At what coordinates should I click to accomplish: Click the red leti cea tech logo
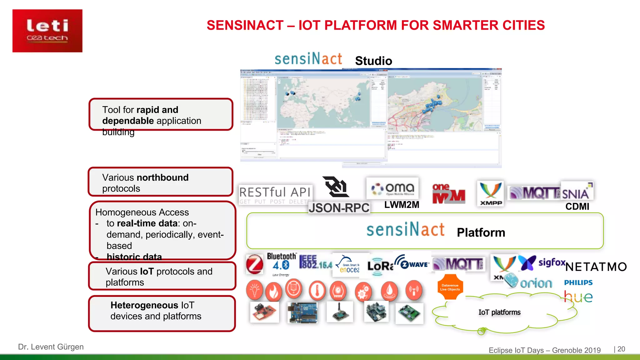47,31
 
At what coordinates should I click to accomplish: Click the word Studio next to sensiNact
373,61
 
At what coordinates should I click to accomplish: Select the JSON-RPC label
339,208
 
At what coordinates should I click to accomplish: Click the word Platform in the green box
481,232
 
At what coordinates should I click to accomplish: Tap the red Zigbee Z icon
255,264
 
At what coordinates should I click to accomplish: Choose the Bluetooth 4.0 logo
281,262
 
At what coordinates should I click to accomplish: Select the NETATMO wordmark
596,267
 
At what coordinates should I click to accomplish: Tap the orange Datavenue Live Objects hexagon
450,287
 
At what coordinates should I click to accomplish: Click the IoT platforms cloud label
499,312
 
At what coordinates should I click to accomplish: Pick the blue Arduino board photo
302,312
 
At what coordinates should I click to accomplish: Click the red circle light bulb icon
255,290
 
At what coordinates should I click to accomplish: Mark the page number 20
621,349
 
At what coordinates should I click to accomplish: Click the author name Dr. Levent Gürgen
51,347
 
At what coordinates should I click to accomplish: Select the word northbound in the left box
162,177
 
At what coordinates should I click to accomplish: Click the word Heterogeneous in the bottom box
144,305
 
